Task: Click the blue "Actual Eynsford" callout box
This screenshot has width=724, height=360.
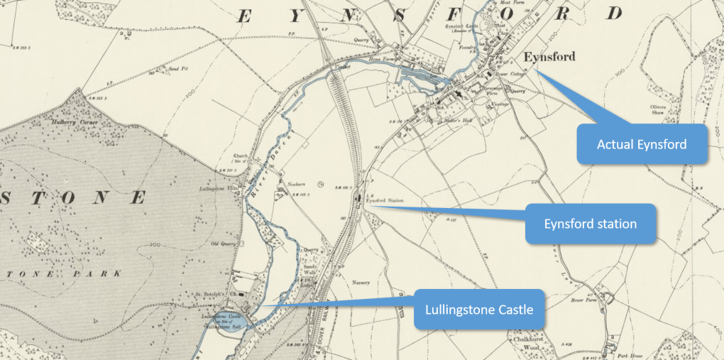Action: click(642, 144)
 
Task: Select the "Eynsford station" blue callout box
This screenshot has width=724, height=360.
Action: click(590, 224)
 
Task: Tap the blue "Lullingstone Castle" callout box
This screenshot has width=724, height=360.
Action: click(479, 310)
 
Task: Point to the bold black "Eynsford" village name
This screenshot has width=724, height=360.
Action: click(549, 57)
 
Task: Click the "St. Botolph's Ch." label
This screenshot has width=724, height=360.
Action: click(214, 292)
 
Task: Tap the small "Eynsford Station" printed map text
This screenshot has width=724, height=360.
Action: click(385, 201)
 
